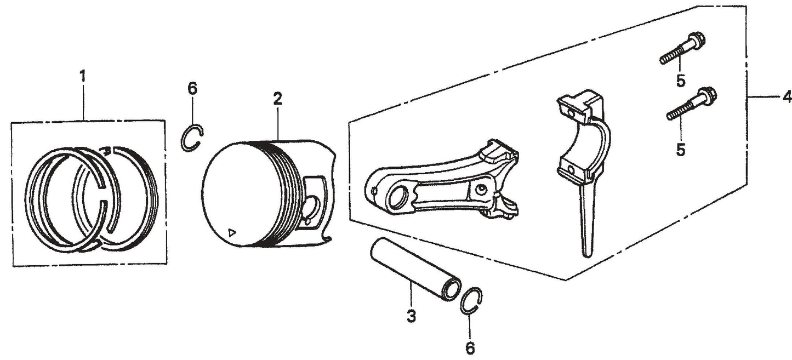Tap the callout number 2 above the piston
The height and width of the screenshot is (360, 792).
pyautogui.click(x=278, y=99)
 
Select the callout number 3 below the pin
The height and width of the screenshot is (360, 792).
pyautogui.click(x=412, y=316)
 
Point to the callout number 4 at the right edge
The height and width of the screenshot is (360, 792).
pyautogui.click(x=787, y=98)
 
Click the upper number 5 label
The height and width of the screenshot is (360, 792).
pyautogui.click(x=680, y=81)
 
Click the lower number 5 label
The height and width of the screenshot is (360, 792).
pyautogui.click(x=680, y=150)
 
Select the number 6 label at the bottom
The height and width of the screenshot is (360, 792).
pyautogui.click(x=470, y=347)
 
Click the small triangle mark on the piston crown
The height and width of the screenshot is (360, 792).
pyautogui.click(x=232, y=231)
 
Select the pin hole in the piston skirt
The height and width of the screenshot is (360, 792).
pyautogui.click(x=312, y=207)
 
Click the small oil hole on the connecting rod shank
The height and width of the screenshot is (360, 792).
pyautogui.click(x=482, y=190)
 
